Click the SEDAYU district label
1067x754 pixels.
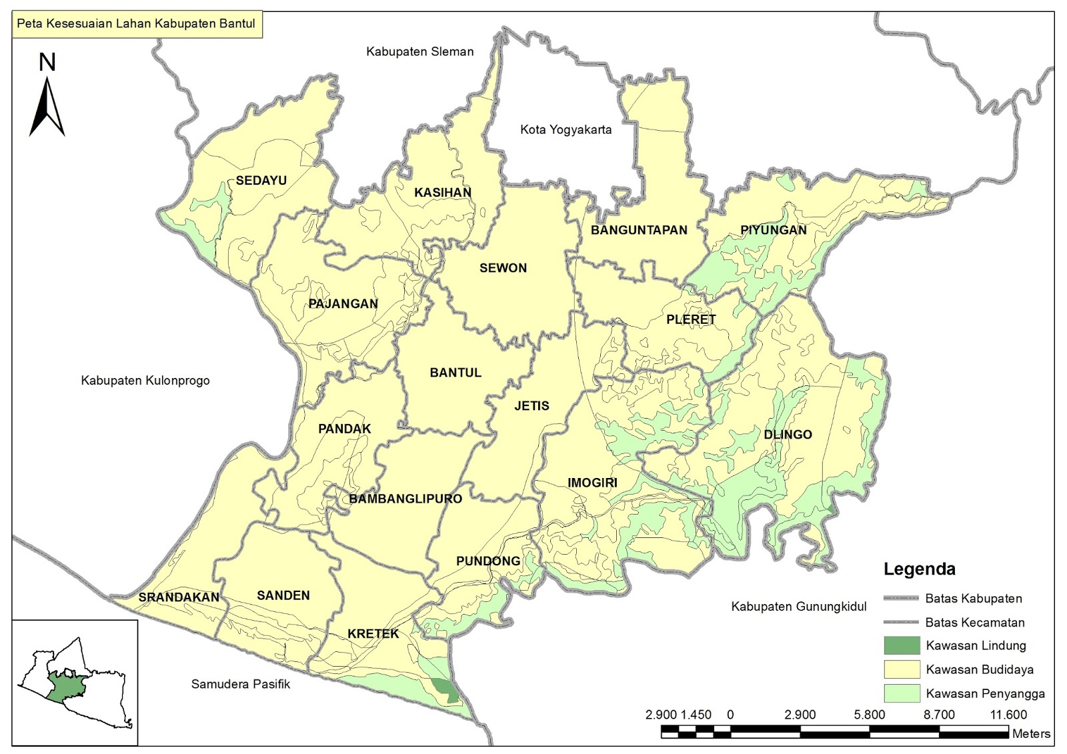click(x=261, y=181)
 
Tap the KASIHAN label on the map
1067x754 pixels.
click(x=442, y=193)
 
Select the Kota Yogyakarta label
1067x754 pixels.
click(x=566, y=130)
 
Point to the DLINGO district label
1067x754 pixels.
click(x=788, y=435)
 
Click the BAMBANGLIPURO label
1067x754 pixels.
click(x=405, y=499)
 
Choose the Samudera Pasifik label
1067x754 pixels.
click(x=240, y=684)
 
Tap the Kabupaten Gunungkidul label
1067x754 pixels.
click(x=798, y=607)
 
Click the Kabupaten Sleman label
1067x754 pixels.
click(x=419, y=51)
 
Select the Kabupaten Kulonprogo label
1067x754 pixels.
click(x=145, y=381)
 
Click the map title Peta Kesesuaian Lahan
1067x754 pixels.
click(x=136, y=24)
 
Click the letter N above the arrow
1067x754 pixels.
click(x=47, y=63)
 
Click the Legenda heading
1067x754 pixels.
click(x=919, y=569)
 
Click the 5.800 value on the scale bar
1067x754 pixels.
click(x=869, y=715)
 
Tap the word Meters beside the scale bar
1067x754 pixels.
click(x=1031, y=733)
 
